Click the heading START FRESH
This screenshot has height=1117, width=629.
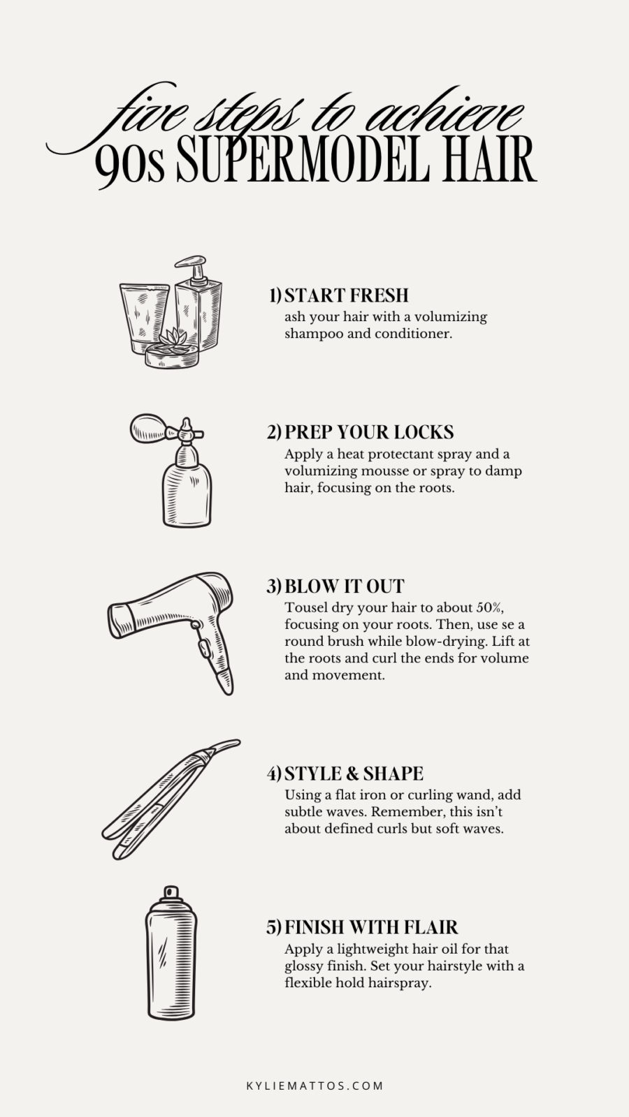[x=346, y=295]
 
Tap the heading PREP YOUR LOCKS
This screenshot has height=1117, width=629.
[x=368, y=432]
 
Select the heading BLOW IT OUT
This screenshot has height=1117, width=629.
[x=344, y=586]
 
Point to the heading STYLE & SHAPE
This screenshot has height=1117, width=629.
[x=354, y=774]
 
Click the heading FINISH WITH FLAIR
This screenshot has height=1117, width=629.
[x=371, y=928]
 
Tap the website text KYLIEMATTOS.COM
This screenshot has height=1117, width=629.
[x=314, y=1086]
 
